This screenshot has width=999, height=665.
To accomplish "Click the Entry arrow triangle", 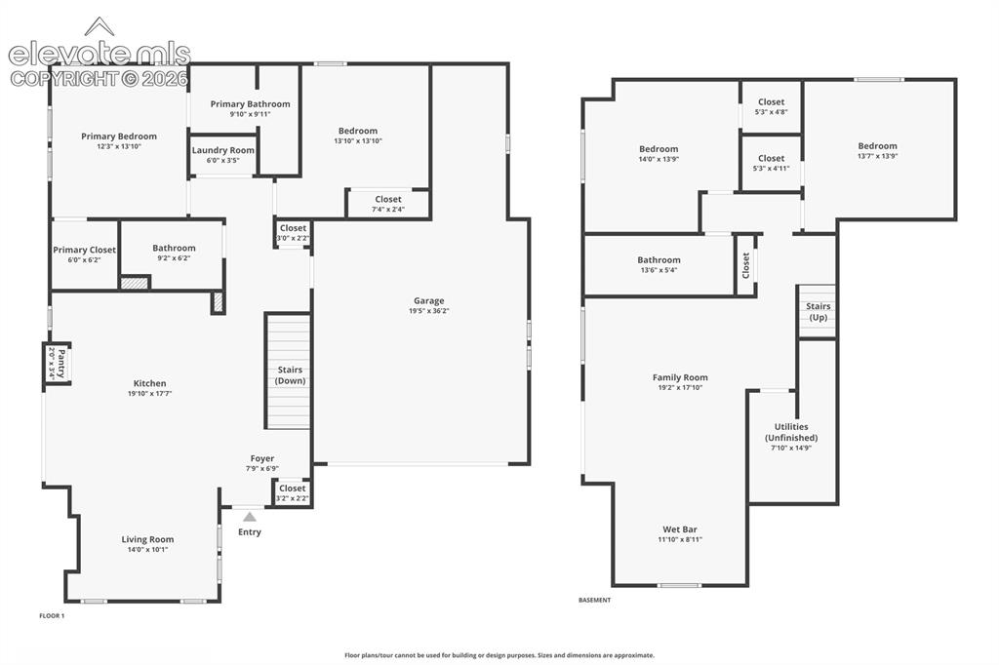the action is (x=250, y=517).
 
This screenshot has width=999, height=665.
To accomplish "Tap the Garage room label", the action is (x=429, y=300).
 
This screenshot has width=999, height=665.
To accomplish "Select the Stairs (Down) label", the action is (x=290, y=375).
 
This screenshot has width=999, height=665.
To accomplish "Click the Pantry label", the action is (x=61, y=363).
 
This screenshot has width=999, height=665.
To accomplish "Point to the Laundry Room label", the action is (x=223, y=150).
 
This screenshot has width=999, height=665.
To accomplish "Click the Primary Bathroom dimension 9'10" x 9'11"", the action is (x=251, y=115).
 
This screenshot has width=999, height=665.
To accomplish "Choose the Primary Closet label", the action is (x=84, y=250).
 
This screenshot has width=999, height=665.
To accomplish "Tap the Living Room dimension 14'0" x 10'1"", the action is (x=148, y=550).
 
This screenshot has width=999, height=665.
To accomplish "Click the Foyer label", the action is (x=262, y=458).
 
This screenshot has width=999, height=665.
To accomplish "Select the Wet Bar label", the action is (x=680, y=529).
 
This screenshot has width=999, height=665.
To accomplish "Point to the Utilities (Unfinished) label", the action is (x=791, y=433).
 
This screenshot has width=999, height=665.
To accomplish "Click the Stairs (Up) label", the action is (x=819, y=312).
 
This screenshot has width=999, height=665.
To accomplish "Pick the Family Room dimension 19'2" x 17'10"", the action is (x=680, y=387).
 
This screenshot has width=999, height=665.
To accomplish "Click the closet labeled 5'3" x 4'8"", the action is (x=771, y=106).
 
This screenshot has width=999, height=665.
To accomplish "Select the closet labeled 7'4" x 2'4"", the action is (x=388, y=204).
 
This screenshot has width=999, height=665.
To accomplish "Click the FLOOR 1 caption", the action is (x=53, y=616).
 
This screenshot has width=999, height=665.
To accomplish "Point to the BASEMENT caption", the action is (x=594, y=600).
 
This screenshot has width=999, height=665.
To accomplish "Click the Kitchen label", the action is (x=149, y=383).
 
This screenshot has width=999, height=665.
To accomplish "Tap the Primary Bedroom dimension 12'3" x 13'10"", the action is (x=119, y=146).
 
